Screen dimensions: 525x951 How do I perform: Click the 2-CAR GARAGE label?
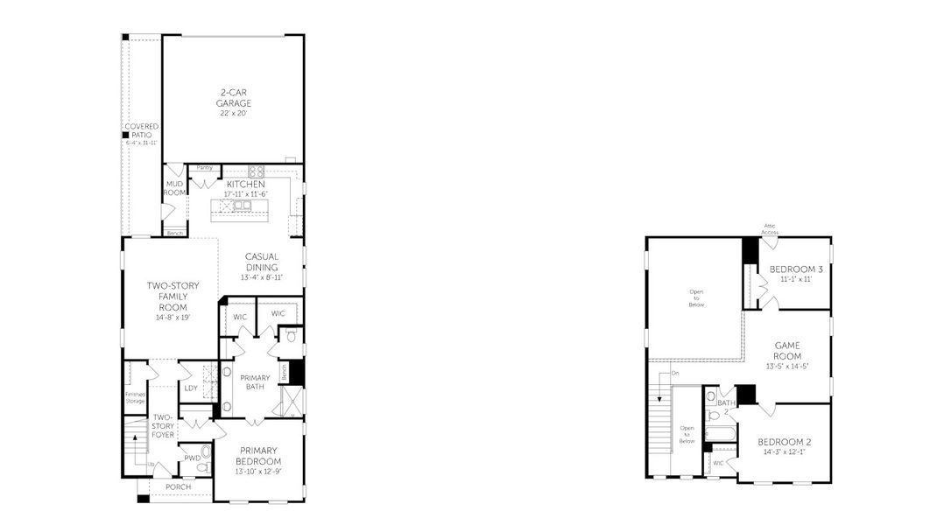coord(234,96)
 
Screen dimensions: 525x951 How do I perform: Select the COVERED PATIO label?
coord(141,130)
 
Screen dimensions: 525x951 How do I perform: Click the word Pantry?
coord(204,167)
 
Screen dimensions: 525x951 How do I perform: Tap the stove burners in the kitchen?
coord(256,171)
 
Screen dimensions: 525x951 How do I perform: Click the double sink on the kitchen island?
coord(241,206)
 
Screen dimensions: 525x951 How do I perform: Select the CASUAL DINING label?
coord(261,262)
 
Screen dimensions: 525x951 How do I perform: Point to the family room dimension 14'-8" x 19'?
coord(173,317)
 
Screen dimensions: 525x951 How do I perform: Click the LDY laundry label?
coord(191,388)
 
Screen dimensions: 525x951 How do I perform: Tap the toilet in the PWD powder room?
coord(207,453)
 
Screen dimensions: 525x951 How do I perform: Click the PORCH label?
coord(178,486)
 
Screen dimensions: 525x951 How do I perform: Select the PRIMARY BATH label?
coord(256,381)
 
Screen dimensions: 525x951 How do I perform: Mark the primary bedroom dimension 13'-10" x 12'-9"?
coord(257,472)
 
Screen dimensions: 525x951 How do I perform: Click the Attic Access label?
coord(770,228)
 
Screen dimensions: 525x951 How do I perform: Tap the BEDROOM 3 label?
coord(795,269)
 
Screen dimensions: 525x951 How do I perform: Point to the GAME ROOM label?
coord(787,350)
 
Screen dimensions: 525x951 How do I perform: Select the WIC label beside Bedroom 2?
coord(718,463)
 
